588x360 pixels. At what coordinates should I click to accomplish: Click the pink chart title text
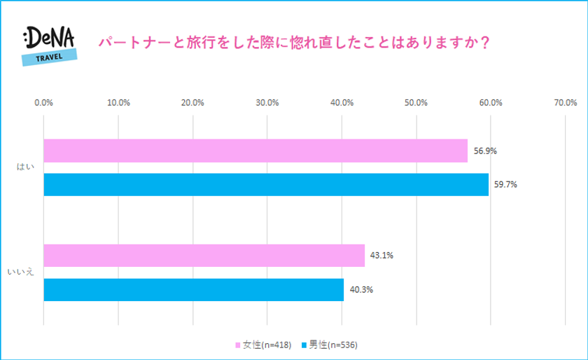(293, 42)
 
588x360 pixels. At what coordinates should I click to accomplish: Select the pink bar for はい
(255, 151)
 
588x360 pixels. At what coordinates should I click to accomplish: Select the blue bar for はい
(266, 185)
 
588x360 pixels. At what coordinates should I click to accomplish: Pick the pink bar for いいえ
(204, 256)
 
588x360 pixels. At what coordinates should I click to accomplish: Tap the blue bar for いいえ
(194, 290)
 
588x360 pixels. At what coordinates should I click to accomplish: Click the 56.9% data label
(485, 151)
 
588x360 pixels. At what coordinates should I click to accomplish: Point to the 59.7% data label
(506, 185)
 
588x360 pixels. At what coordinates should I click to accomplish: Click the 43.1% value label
(382, 256)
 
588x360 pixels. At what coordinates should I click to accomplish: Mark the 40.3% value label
(361, 290)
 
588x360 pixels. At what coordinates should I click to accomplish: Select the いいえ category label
(22, 272)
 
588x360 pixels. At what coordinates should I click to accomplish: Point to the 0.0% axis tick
(44, 102)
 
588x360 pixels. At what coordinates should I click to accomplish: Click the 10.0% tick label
(118, 102)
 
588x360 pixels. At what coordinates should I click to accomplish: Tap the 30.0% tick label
(267, 102)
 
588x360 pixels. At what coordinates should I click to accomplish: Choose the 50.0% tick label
(416, 102)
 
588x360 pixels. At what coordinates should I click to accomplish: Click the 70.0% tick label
(565, 102)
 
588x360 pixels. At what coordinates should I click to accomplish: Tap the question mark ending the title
(485, 42)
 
